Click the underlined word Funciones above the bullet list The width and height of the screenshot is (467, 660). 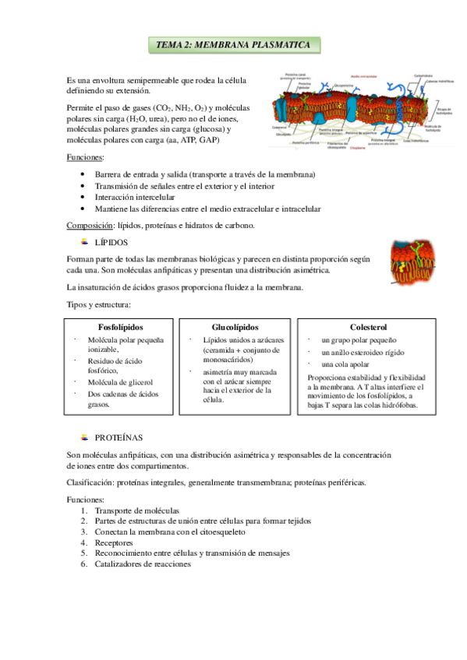(83, 158)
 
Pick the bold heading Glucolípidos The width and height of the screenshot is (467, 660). (235, 328)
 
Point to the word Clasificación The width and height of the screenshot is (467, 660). (93, 483)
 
